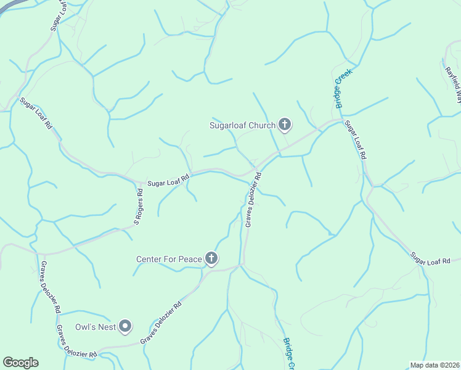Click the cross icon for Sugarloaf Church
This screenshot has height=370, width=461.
284,125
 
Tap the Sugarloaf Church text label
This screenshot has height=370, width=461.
242,126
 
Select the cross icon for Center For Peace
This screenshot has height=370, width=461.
211,258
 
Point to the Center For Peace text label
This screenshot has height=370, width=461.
169,259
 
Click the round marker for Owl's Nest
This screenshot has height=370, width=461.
125,326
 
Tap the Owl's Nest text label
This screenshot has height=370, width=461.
96,327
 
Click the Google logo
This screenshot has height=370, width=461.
20,363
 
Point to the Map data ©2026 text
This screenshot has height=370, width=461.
434,365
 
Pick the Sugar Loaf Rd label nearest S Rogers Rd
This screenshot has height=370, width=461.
168,181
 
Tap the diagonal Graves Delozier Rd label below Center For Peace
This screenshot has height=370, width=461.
161,322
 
